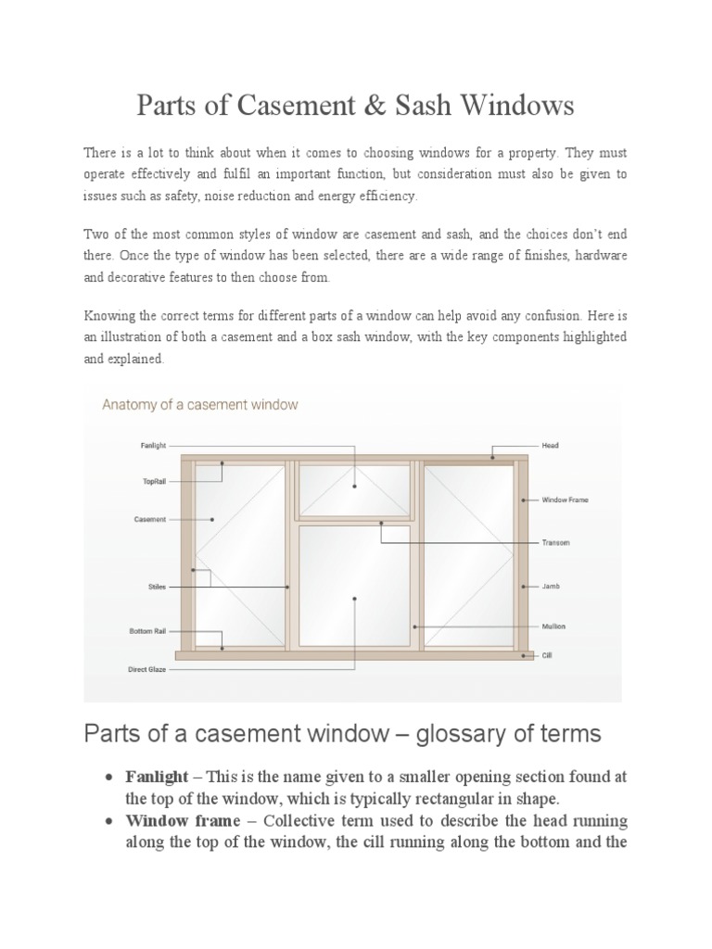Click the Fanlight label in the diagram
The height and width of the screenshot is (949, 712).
(153, 446)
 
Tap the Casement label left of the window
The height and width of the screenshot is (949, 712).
(150, 519)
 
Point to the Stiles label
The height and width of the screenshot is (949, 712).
(157, 587)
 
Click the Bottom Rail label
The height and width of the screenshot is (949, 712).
(146, 632)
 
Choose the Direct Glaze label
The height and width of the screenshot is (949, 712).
(147, 668)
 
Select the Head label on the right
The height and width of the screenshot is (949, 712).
(550, 446)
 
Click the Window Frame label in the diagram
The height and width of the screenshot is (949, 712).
(565, 500)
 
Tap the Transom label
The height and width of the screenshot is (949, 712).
(555, 542)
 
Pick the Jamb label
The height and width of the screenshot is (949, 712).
(551, 587)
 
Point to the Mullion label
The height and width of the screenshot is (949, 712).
(553, 626)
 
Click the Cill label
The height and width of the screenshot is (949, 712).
(548, 654)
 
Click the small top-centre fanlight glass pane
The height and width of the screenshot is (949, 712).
(353, 490)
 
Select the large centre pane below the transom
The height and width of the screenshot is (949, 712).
(353, 584)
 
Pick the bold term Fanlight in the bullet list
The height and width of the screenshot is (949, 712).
(157, 776)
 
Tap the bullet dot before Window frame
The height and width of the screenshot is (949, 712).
(110, 822)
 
